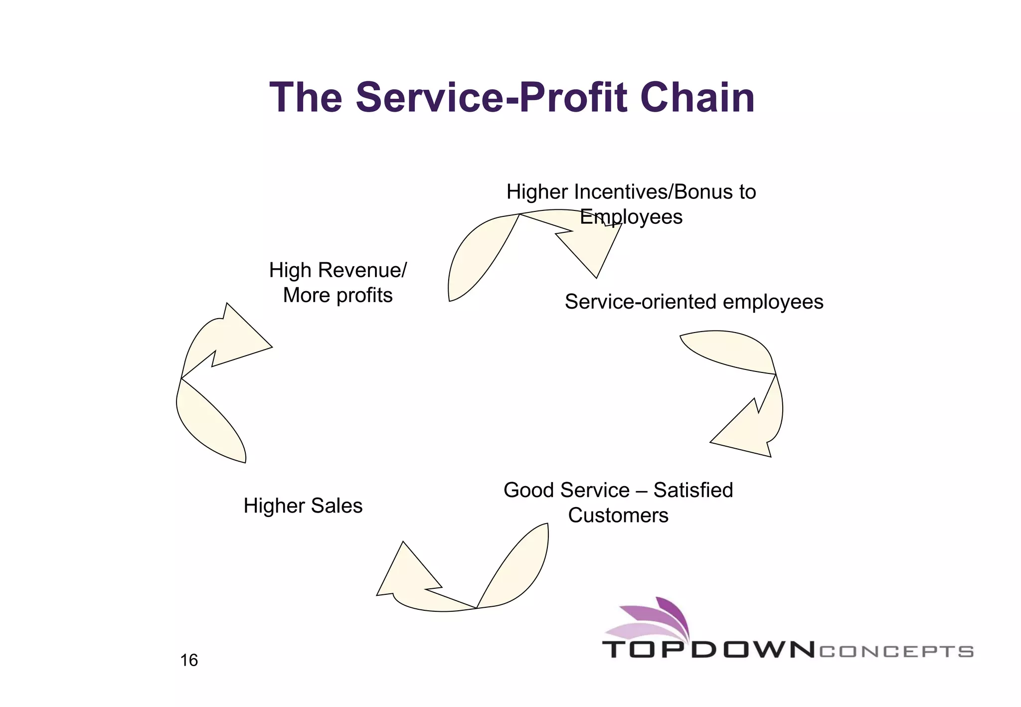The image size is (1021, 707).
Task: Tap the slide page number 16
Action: (189, 660)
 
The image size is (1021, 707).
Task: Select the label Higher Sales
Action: (303, 506)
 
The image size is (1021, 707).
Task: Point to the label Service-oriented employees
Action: (694, 302)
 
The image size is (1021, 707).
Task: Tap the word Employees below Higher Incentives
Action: (631, 217)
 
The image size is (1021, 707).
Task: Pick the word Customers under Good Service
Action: (618, 515)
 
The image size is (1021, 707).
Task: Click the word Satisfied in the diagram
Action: (693, 490)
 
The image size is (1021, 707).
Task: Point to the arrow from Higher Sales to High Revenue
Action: (209, 379)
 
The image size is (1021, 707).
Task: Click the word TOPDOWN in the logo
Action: (708, 650)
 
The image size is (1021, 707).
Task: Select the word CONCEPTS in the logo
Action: (896, 652)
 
